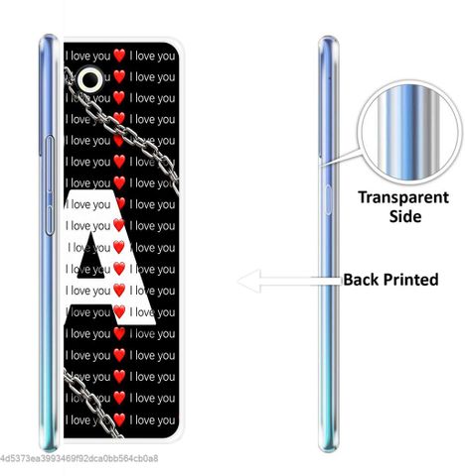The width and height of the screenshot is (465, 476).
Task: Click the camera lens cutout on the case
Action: coord(90,79)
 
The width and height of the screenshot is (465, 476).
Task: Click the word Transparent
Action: coord(403,197)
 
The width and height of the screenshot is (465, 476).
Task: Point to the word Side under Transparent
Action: coord(405,216)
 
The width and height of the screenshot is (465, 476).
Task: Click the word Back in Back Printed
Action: coord(362,280)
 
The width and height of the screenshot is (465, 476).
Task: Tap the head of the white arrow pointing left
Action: coord(249,281)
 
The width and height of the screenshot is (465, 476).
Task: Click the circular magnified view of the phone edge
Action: coord(411,132)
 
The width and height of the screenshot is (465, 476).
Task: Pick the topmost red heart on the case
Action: coord(119,56)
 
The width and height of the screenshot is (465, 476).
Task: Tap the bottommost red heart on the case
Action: coord(119,419)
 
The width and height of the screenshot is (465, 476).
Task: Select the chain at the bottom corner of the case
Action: coord(91,404)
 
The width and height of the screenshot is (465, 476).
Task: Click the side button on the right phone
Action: coord(328,200)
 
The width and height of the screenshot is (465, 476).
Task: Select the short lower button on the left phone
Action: coord(50,220)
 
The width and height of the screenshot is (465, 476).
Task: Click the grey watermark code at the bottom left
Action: coord(78,459)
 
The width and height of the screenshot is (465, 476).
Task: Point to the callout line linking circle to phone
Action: coord(341,157)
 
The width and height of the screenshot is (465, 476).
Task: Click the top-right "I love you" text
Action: coord(152,56)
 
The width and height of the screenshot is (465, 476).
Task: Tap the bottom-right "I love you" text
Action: coord(152,420)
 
